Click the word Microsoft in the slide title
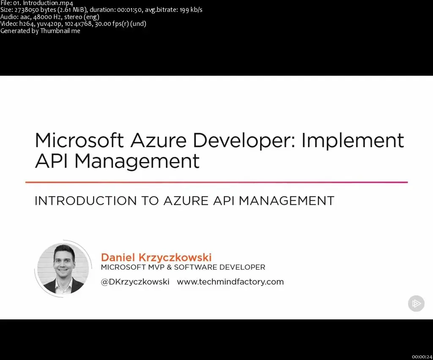coord(79,140)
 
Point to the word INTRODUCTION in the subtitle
coord(83,201)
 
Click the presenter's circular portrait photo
coord(63,269)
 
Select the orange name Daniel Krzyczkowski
coord(156,257)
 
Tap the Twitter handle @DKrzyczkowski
coord(135,282)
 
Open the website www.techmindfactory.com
coord(230,282)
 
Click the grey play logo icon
coord(416,303)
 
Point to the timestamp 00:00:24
coord(422,357)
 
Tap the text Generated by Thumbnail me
coord(40,30)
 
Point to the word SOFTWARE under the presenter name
coord(193,267)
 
